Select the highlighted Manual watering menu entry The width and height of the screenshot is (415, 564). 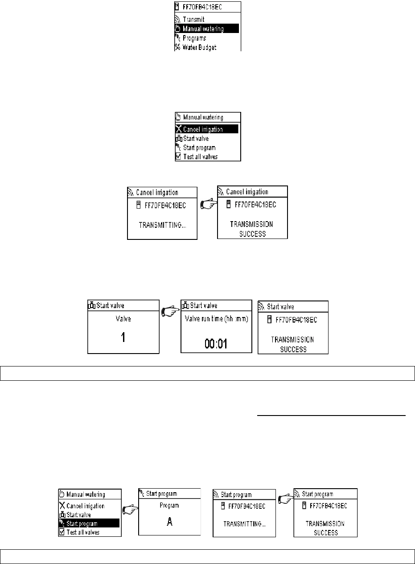pyautogui.click(x=205, y=29)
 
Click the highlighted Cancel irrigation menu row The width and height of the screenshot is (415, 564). pyautogui.click(x=205, y=129)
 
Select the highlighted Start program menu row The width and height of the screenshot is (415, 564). pyautogui.click(x=89, y=523)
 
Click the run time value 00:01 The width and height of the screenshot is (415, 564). pyautogui.click(x=216, y=343)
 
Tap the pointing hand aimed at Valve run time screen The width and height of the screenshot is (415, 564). pyautogui.click(x=170, y=312)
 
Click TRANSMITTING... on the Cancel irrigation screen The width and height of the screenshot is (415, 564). pyautogui.click(x=163, y=226)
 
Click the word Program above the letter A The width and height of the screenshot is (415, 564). pyautogui.click(x=169, y=506)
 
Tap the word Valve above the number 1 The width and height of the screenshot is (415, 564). pyautogui.click(x=123, y=319)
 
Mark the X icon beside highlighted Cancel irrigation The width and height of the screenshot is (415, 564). pyautogui.click(x=179, y=129)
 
